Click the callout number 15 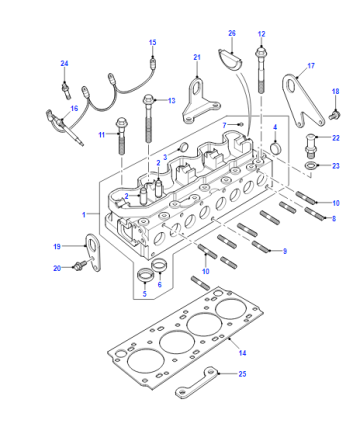coord(152,43)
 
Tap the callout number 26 coord(232,33)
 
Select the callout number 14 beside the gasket coord(242,353)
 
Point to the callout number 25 coord(242,374)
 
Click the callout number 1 coord(84,214)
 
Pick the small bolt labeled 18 coord(333,115)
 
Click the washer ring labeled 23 coord(311,165)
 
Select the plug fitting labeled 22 coord(310,146)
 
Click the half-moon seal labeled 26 coord(230,61)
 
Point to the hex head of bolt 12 coord(261,53)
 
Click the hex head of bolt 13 coord(148,99)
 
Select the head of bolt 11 coord(121,123)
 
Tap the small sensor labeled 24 coord(66,90)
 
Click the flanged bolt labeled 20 coord(79,266)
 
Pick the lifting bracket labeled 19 coord(93,252)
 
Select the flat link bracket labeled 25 coord(196,383)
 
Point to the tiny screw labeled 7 coord(241,125)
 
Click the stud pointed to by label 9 coord(260,247)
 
